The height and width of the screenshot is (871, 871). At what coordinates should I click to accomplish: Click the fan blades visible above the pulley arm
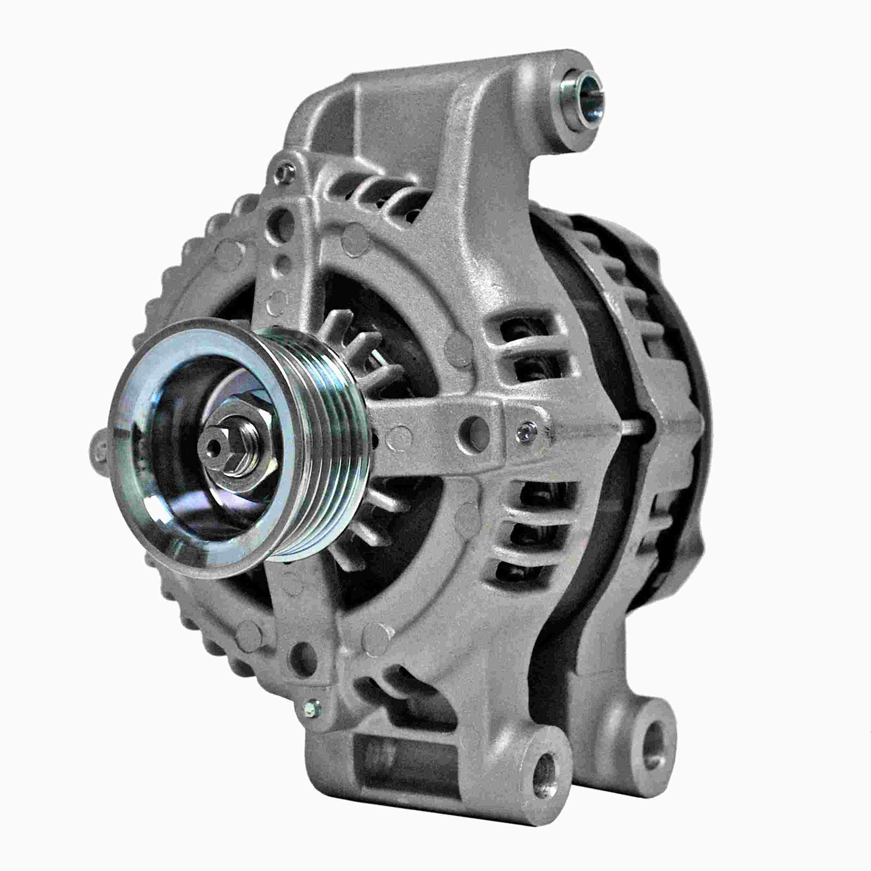tap(356, 352)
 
